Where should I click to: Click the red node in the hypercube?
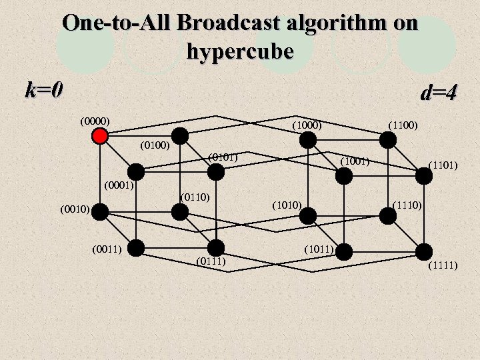point(100,136)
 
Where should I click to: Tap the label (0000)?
point(95,121)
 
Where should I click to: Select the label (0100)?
point(156,145)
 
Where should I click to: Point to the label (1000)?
point(307,125)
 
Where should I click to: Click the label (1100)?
point(403,125)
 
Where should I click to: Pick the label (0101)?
point(223,157)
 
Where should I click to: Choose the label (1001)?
point(355,161)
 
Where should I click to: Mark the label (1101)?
point(443,163)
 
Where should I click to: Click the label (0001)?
point(120,185)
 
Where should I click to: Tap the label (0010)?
point(75,209)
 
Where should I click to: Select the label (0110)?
point(195,197)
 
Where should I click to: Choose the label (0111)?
point(212,261)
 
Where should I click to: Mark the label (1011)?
point(319,249)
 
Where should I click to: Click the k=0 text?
point(44,89)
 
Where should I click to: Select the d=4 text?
point(438,93)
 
